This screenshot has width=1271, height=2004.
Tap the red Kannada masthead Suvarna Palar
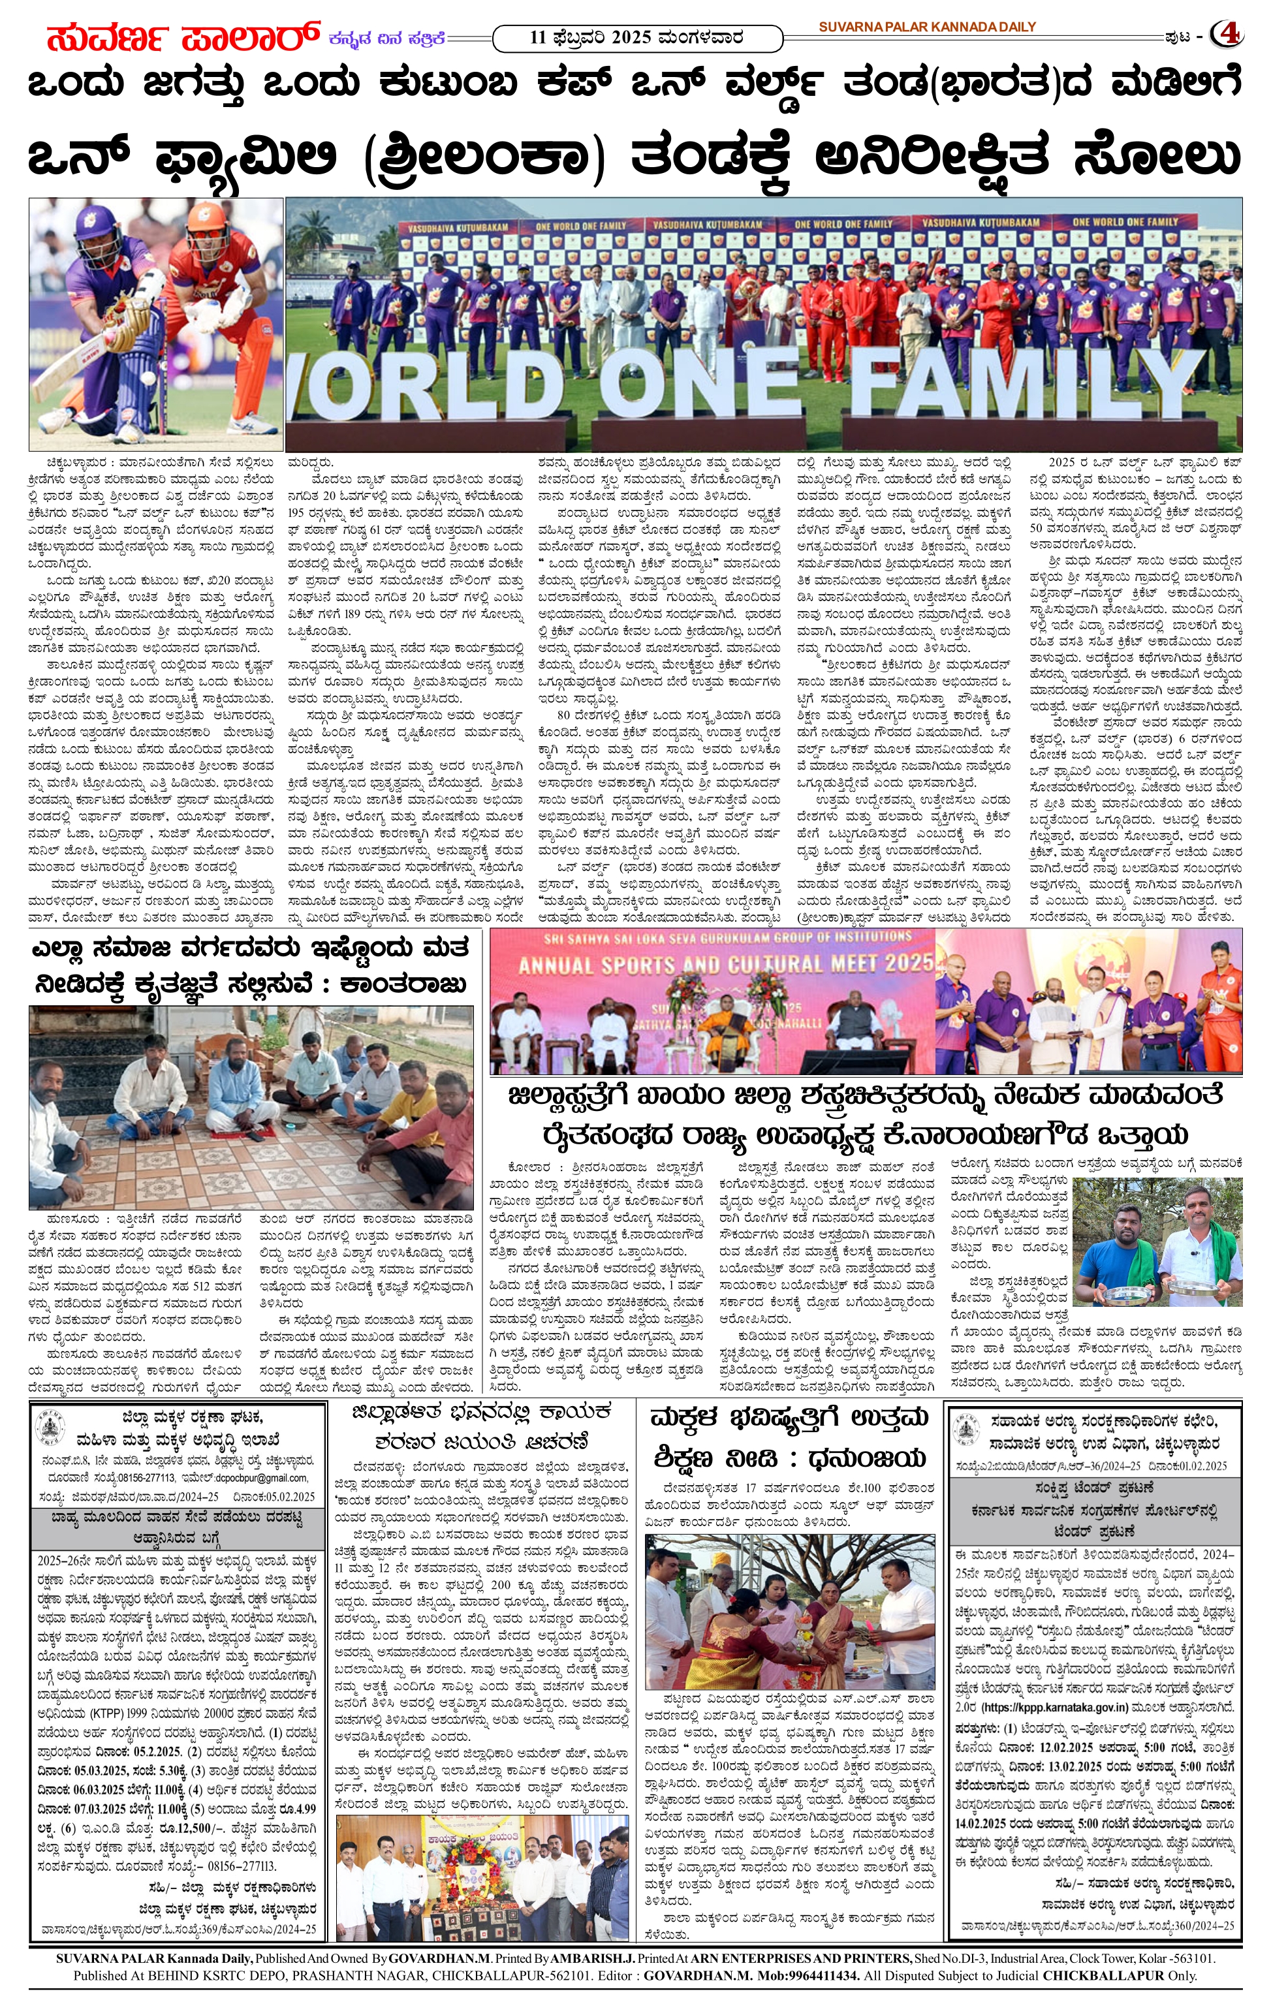tap(183, 37)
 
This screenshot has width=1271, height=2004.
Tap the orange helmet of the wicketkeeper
tap(206, 221)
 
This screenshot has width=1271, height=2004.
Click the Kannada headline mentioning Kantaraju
tap(250, 965)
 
